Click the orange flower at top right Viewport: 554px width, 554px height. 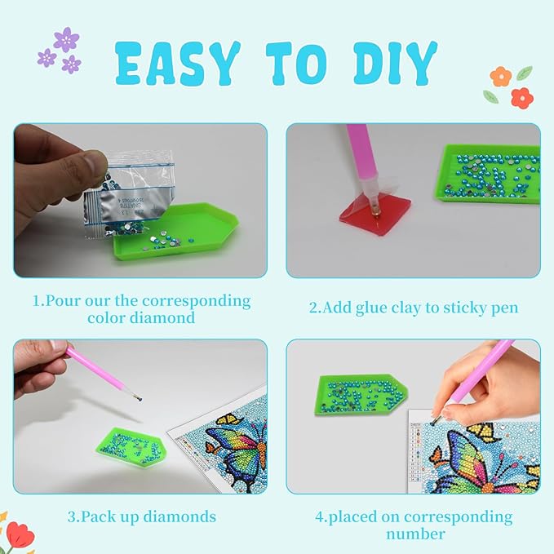pos(500,77)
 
